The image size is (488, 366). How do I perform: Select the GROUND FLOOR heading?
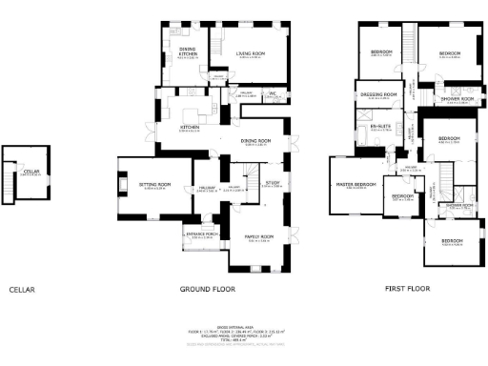click(207, 289)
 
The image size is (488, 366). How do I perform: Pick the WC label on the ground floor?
click(272, 93)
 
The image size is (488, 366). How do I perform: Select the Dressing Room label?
click(381, 95)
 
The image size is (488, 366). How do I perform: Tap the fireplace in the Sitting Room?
click(122, 181)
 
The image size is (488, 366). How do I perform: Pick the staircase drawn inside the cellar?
click(14, 187)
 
